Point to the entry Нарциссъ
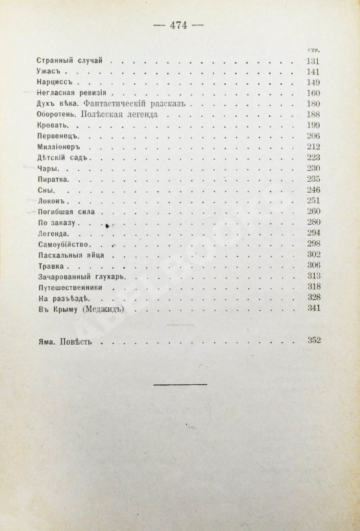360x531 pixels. pyautogui.click(x=54, y=84)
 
